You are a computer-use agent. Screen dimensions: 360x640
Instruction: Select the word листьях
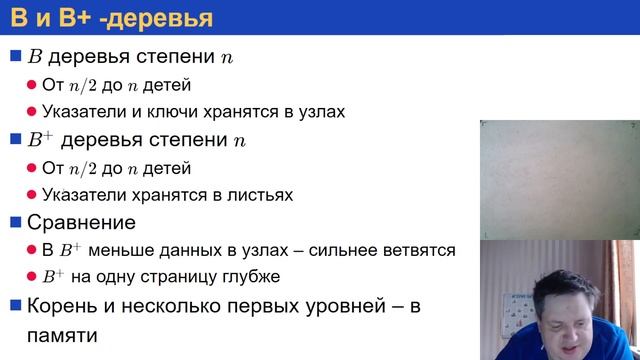[x=257, y=195]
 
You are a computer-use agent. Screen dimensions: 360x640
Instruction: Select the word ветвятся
[x=421, y=250]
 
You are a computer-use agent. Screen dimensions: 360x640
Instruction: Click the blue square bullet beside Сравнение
[x=15, y=222]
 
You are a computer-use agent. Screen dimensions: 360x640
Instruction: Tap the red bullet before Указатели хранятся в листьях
[x=32, y=195]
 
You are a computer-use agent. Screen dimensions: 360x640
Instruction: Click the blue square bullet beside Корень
[x=15, y=305]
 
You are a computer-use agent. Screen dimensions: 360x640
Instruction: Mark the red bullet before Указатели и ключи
[x=32, y=112]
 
